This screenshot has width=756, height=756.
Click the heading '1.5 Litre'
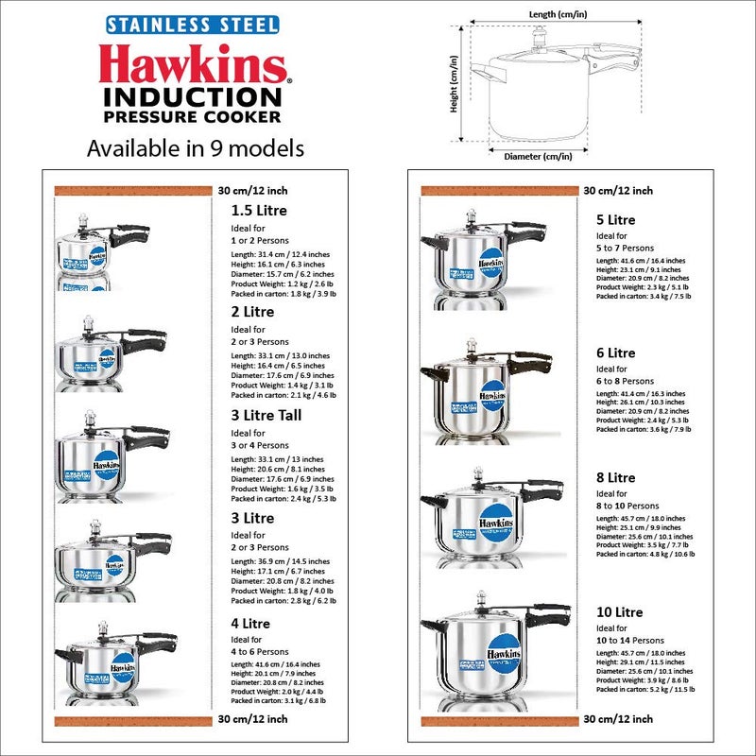tap(259, 211)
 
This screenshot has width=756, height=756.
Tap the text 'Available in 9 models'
tap(196, 148)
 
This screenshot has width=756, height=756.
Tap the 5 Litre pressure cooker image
tap(473, 255)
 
